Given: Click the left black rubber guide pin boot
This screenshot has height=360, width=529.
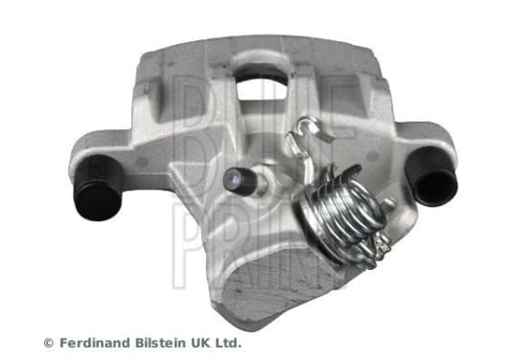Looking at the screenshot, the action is point(98,189).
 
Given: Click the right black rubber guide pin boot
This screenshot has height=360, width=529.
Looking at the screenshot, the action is point(432,177).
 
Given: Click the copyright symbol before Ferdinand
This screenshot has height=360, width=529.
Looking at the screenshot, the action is point(49,343).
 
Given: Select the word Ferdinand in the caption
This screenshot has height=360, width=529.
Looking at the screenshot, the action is point(94,343).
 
